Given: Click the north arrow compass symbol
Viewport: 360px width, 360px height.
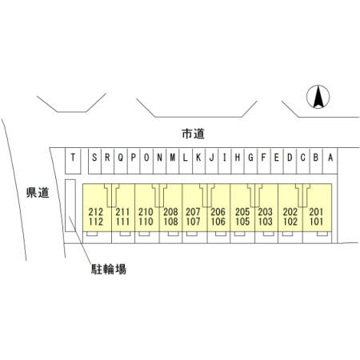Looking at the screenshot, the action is [318, 97].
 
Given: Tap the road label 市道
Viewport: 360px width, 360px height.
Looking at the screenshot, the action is [194, 134].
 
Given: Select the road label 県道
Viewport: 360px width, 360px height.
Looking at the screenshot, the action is [38, 193].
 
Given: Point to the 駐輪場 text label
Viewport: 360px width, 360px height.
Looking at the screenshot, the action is [109, 269].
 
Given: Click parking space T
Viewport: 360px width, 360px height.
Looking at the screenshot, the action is [73, 161].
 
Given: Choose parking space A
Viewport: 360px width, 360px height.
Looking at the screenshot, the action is [330, 161].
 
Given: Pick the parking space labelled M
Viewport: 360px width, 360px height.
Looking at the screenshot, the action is [173, 161].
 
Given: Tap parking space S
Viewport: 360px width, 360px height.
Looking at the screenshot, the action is [94, 161].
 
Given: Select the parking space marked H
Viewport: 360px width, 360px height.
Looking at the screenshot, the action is [238, 161].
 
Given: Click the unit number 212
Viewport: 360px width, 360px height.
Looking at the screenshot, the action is [96, 212].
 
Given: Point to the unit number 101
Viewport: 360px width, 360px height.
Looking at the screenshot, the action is [316, 222].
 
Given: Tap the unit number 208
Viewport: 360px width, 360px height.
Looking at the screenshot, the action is [170, 212].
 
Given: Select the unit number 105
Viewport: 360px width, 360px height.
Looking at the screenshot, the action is [242, 222].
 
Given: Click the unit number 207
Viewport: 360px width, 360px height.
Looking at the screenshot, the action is [193, 212].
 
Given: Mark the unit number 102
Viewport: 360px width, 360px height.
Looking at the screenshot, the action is [290, 222].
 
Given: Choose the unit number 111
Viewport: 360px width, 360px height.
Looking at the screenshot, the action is [122, 222].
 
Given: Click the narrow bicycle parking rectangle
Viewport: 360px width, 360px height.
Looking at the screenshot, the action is [70, 206].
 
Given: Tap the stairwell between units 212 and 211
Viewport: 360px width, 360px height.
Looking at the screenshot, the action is [111, 195].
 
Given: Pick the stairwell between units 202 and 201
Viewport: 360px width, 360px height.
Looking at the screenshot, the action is [302, 195].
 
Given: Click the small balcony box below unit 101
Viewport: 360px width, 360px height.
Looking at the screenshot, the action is [322, 234].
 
